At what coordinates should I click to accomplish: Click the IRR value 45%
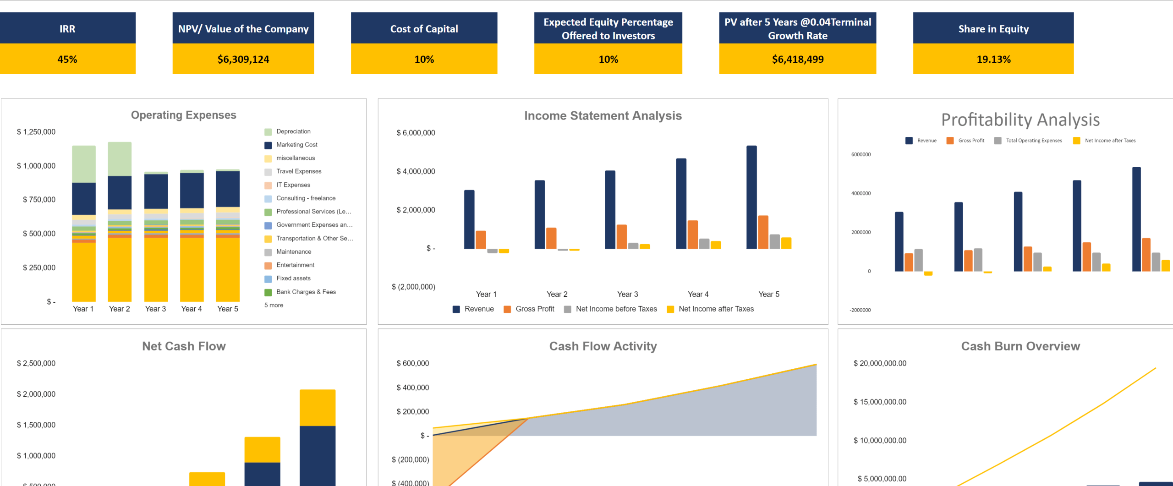point(67,59)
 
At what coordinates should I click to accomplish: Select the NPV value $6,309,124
point(243,59)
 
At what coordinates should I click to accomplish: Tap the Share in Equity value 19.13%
point(993,59)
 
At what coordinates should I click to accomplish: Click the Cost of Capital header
point(424,29)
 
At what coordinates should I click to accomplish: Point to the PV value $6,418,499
point(797,59)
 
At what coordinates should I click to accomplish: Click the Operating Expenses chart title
point(183,115)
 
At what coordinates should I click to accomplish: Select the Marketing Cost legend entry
point(296,145)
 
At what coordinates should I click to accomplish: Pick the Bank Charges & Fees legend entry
point(306,292)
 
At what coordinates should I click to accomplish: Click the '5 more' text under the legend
point(274,305)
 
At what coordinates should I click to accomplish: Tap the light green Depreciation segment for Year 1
point(84,164)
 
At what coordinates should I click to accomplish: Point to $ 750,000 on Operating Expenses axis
point(39,200)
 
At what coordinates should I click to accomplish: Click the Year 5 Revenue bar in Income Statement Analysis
point(751,197)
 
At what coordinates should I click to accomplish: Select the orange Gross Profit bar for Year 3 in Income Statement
point(621,237)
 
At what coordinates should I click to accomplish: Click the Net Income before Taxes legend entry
point(616,309)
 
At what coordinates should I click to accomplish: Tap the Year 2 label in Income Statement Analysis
point(557,294)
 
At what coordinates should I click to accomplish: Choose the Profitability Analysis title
point(1020,120)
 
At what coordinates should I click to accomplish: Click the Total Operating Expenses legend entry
point(1033,141)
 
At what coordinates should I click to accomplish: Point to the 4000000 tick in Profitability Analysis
point(861,193)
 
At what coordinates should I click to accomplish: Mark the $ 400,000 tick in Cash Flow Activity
point(412,388)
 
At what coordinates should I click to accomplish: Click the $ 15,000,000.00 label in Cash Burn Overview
point(879,402)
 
